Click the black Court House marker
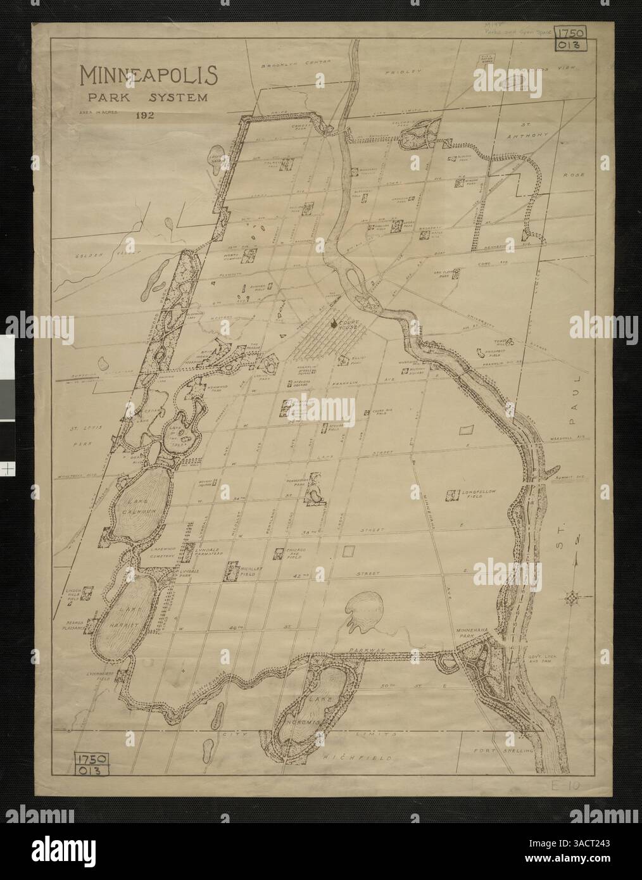pos(334,325)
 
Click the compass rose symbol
pos(574,597)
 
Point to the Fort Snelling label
pos(505,751)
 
